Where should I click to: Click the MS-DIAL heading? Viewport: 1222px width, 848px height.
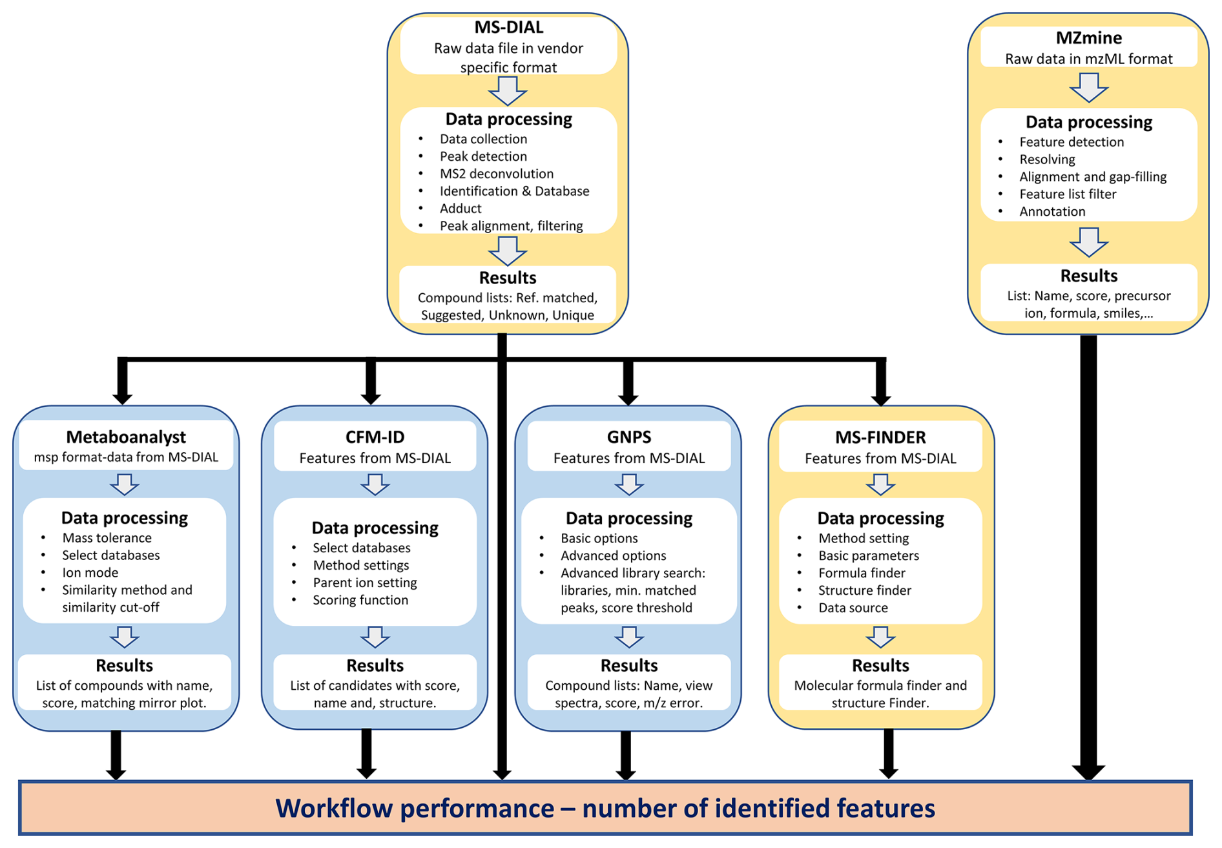pos(508,27)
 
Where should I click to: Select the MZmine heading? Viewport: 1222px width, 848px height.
pos(1088,37)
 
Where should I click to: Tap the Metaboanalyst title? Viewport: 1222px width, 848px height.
pos(126,437)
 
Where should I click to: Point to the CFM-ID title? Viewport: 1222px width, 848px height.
pos(375,437)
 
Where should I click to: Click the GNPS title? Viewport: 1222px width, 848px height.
pos(628,437)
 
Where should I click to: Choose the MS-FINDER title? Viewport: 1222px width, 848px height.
pos(880,437)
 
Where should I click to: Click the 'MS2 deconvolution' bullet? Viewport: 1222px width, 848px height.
pos(496,174)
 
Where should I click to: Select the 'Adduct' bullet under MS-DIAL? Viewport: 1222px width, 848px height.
pos(461,209)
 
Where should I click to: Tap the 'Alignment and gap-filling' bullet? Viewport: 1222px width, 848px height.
pos(1093,177)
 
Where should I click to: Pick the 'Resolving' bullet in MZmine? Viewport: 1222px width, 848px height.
pos(1047,160)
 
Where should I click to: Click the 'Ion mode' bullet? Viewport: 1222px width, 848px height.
pos(90,573)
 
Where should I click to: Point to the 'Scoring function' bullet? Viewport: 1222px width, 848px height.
pos(360,600)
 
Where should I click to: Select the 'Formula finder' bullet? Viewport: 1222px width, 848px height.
pos(862,573)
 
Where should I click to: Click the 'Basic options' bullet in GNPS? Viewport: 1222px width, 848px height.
pos(599,538)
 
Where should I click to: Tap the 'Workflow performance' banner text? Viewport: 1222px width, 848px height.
pos(605,809)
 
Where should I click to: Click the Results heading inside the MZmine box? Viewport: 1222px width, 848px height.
pos(1088,276)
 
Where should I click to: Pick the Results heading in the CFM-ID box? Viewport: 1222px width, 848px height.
pos(375,665)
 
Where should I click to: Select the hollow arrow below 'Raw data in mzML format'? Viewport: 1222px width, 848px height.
pos(1088,88)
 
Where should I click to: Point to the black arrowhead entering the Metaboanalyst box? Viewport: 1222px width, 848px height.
pos(123,395)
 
